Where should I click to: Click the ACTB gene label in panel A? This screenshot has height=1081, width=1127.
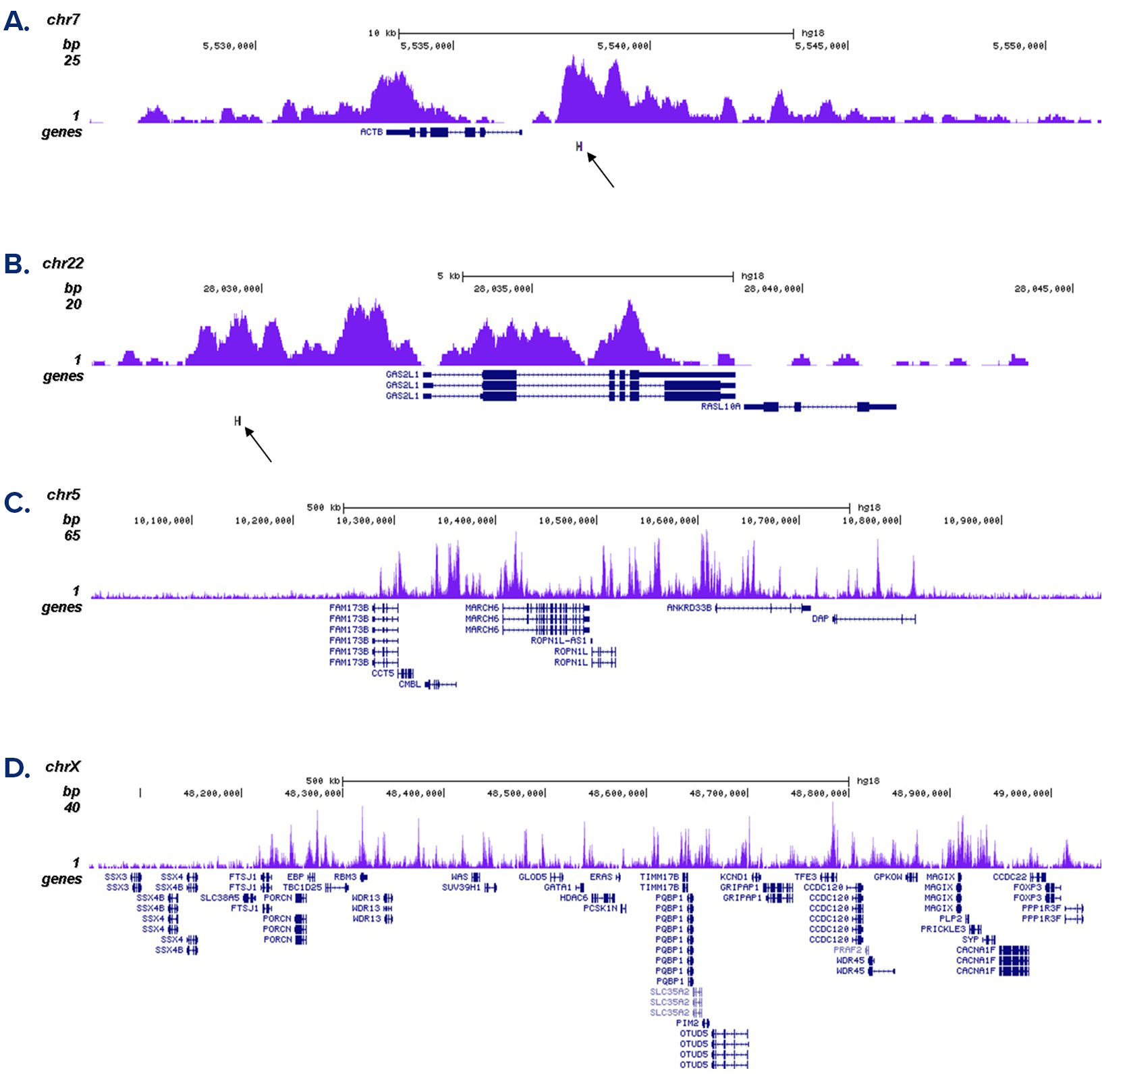371,132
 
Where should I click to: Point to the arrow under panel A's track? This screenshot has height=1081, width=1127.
601,170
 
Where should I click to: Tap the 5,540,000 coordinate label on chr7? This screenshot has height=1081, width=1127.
623,46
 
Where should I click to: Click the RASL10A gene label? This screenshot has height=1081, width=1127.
721,407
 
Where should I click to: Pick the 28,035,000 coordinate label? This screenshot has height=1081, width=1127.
502,289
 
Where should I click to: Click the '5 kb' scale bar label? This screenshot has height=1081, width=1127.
448,276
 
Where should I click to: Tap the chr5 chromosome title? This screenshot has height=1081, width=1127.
63,495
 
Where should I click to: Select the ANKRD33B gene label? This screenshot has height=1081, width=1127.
689,608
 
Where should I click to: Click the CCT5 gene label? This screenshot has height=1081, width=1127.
383,673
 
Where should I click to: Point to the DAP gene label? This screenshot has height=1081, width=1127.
820,619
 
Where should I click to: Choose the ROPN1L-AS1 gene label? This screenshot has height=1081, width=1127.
559,640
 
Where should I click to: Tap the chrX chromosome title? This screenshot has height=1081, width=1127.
63,767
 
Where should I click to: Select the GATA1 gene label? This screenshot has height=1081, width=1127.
557,887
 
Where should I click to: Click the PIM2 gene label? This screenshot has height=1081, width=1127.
687,1023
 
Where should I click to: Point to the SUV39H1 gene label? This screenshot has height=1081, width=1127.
461,887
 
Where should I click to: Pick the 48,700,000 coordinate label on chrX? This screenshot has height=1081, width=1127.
717,794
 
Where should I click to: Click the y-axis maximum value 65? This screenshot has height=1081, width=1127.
72,536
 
